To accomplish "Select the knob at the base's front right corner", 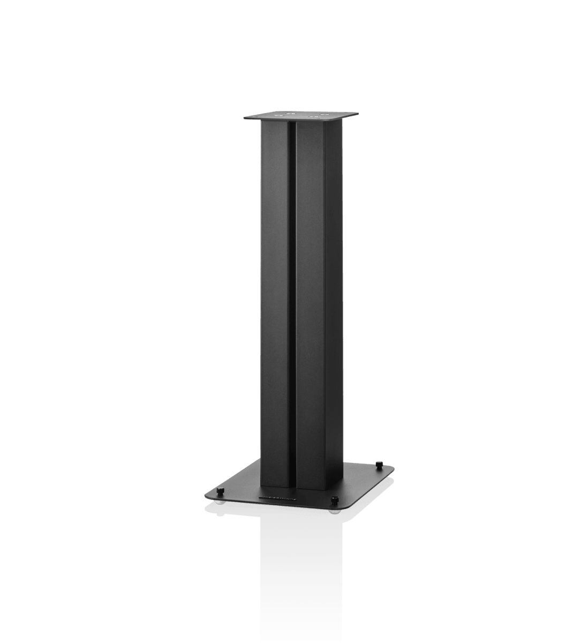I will [335, 499].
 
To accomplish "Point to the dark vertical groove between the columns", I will [292, 300].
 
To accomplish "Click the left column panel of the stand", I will [275, 300].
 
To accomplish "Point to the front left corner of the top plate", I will [244, 119].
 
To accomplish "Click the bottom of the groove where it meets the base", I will [292, 485].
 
